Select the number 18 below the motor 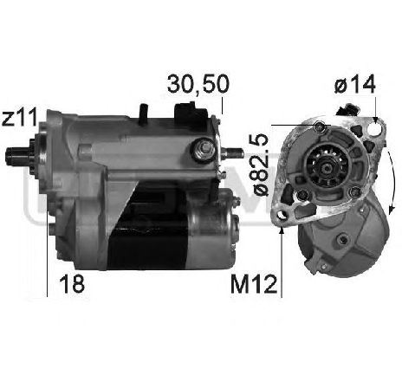tap(74, 284)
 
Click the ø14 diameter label tap(353, 86)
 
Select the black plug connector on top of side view tap(189, 113)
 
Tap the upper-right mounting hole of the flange tap(373, 127)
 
